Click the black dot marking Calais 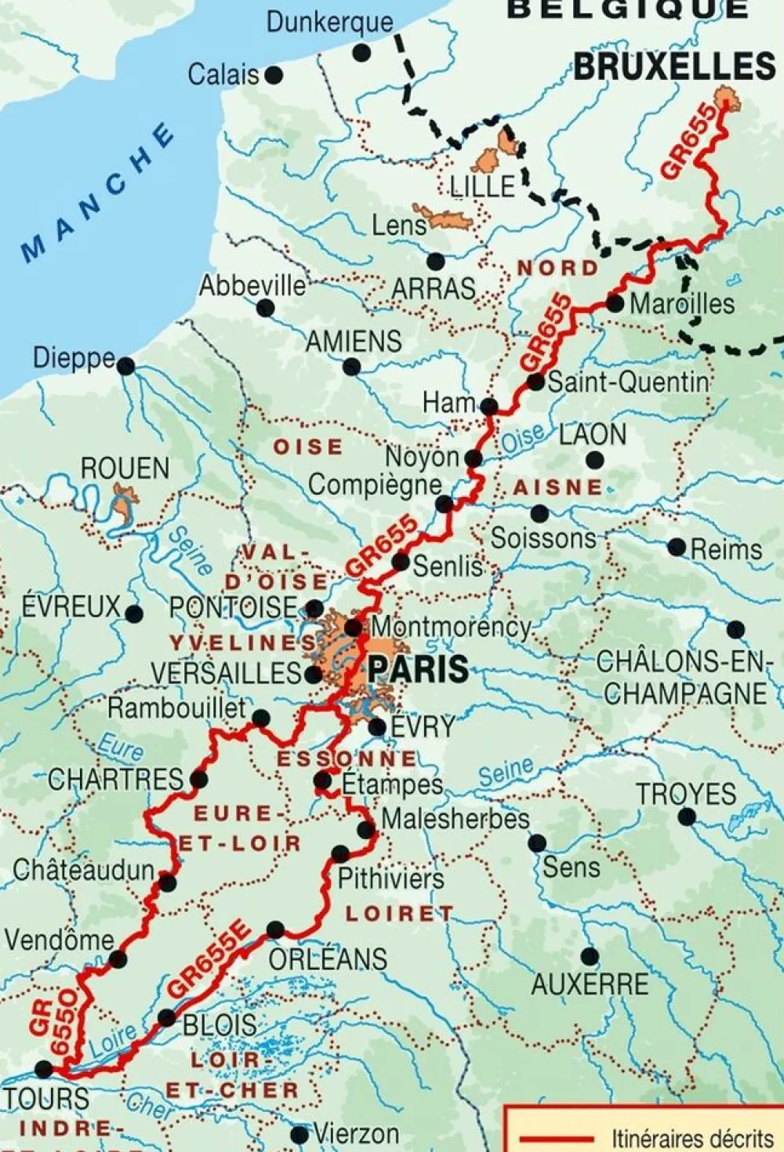pos(274,75)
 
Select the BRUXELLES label pos(674,67)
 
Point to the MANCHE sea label pos(97,192)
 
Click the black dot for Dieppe pos(126,366)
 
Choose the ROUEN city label pos(125,468)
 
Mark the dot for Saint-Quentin pos(535,383)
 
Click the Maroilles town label pos(682,304)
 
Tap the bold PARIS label pos(418,670)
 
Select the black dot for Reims pos(677,547)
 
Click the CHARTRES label pos(115,780)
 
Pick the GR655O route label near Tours pos(55,1023)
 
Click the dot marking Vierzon pos(299,1135)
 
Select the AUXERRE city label pos(590,984)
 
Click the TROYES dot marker pos(687,817)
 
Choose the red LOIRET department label pos(399,914)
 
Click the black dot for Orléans pos(275,930)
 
